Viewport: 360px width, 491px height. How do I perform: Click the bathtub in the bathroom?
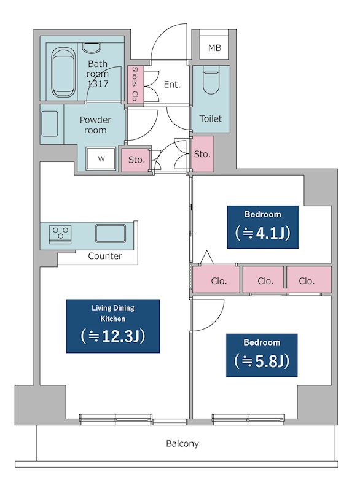(x=64, y=72)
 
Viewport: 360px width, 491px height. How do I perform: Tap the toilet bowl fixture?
(x=211, y=79)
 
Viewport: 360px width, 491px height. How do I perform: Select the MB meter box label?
(x=214, y=48)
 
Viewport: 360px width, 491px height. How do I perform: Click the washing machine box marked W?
(x=101, y=159)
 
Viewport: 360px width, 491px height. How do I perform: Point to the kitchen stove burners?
(x=60, y=234)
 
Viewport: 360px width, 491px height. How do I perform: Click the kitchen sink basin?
(x=111, y=233)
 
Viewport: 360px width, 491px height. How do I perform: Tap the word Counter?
(x=105, y=256)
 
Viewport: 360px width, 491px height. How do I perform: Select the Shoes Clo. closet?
(x=135, y=85)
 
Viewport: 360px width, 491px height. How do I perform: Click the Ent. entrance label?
(x=172, y=85)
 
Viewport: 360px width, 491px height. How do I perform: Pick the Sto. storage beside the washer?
(x=136, y=160)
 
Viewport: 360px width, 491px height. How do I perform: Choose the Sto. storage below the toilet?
(x=202, y=154)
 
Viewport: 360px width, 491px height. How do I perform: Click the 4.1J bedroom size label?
(x=262, y=227)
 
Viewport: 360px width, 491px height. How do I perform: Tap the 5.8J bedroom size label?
(x=262, y=355)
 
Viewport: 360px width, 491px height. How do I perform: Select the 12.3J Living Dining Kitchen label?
(x=113, y=326)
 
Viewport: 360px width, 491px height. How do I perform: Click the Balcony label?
(x=182, y=444)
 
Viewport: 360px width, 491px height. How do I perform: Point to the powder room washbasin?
(x=50, y=124)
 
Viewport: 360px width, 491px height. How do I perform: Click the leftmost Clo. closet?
(x=216, y=280)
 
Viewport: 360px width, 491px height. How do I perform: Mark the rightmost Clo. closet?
(x=309, y=280)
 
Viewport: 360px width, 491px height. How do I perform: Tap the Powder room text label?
(x=95, y=125)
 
